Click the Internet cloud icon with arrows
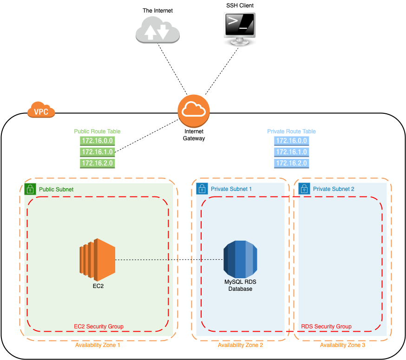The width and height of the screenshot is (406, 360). click(x=157, y=30)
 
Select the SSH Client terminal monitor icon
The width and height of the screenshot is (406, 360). click(x=240, y=29)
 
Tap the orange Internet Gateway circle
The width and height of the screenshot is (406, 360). click(x=194, y=111)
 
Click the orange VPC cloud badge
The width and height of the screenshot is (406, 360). click(x=41, y=110)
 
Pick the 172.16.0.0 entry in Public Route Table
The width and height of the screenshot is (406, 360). click(x=98, y=141)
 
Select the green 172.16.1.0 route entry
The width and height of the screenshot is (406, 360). click(x=98, y=152)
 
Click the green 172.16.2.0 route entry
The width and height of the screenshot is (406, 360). click(x=98, y=163)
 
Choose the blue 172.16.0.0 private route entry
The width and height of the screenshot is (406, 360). click(x=292, y=141)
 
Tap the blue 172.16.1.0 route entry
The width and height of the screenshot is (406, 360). click(x=292, y=152)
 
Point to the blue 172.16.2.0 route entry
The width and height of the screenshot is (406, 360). click(x=292, y=163)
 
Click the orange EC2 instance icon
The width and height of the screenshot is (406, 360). click(x=98, y=260)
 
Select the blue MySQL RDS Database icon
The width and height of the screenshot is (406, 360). click(x=240, y=259)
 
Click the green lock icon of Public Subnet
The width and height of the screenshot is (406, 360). click(x=30, y=189)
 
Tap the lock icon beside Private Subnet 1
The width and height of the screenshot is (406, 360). click(x=202, y=189)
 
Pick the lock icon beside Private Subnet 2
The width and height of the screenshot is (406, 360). click(x=304, y=189)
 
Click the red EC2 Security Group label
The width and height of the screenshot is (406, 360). click(x=98, y=327)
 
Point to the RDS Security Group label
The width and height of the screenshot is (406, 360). click(x=326, y=327)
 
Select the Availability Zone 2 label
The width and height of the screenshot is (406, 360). click(x=240, y=345)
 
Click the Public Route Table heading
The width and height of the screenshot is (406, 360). click(x=98, y=131)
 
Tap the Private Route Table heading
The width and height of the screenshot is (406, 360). click(x=292, y=131)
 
